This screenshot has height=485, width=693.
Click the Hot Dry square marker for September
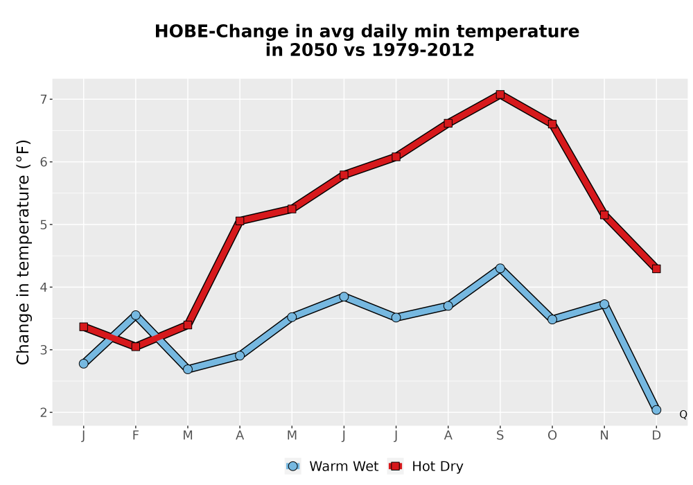(x=500, y=94)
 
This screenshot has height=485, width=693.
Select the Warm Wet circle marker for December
(x=656, y=410)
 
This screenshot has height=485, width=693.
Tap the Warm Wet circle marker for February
(x=136, y=315)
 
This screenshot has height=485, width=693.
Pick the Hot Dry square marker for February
(x=136, y=346)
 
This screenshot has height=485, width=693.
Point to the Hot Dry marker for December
(x=656, y=269)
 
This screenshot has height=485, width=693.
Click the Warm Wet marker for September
(x=500, y=268)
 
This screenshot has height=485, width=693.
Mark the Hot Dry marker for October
(x=552, y=124)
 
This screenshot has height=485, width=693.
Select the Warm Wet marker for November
(x=604, y=304)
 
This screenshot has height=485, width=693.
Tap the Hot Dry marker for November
(x=604, y=215)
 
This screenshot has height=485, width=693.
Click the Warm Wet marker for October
(x=552, y=319)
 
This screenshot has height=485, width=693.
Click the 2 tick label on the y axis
(x=43, y=412)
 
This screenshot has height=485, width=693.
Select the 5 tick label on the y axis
(x=43, y=224)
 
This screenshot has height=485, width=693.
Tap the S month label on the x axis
(x=500, y=436)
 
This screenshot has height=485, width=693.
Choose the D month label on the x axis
(x=656, y=436)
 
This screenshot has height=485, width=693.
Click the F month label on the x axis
(x=136, y=436)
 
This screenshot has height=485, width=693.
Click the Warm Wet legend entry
(x=332, y=466)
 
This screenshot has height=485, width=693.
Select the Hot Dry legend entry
(x=426, y=466)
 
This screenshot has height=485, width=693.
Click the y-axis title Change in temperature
(x=23, y=252)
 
